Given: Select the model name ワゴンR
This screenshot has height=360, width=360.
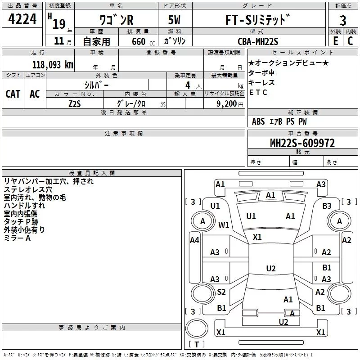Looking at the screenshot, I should click(x=116, y=20).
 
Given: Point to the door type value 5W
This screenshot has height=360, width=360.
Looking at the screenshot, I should click(x=175, y=20).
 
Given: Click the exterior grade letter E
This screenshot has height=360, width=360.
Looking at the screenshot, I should click(x=335, y=41).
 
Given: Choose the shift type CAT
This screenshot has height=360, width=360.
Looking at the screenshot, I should click(x=13, y=94).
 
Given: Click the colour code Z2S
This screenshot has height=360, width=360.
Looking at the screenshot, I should click(x=74, y=103).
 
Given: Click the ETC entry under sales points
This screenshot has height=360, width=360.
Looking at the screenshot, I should click(x=258, y=93).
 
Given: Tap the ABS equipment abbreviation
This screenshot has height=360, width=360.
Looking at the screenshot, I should click(x=258, y=121).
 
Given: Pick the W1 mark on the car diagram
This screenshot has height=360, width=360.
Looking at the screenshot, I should click(x=224, y=225).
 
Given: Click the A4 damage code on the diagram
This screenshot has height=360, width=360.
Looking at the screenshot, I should click(x=194, y=240).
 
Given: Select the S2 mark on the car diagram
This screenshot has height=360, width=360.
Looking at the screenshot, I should click(x=221, y=292).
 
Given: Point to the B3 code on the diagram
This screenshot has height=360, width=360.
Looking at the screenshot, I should click(x=327, y=206).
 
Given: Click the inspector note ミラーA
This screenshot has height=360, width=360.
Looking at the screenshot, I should click(x=17, y=238).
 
